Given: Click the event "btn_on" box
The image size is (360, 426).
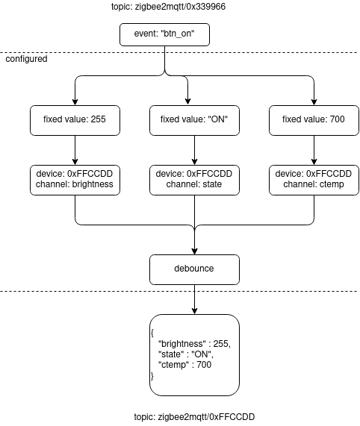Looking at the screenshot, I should click(x=164, y=34).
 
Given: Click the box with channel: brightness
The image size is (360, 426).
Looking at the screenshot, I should click(x=75, y=180).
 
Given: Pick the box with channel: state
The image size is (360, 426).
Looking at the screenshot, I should click(x=194, y=180).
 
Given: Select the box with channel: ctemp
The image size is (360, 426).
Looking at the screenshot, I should click(x=314, y=180).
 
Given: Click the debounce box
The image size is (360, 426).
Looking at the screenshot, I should click(x=194, y=269).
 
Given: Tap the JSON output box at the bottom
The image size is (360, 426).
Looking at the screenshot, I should click(x=194, y=354).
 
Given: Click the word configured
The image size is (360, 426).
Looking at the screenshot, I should click(x=27, y=58).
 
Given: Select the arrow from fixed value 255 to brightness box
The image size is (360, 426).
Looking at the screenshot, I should click(x=75, y=150).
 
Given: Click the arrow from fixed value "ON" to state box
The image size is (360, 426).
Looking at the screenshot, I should click(x=194, y=150).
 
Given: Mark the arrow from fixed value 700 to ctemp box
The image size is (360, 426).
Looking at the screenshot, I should click(x=314, y=150).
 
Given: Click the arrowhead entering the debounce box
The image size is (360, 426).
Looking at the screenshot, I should click(x=194, y=250).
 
